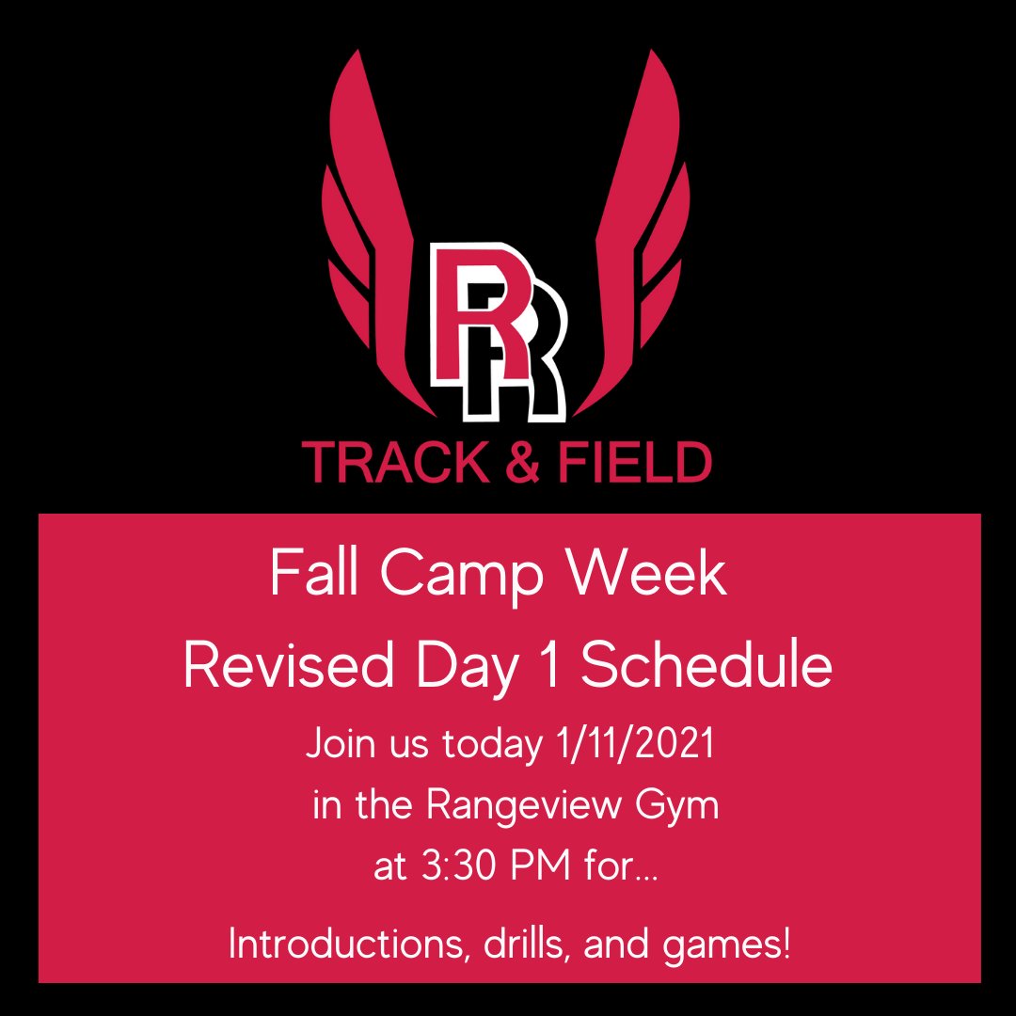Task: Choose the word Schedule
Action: click(706, 665)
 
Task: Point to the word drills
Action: click(517, 944)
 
